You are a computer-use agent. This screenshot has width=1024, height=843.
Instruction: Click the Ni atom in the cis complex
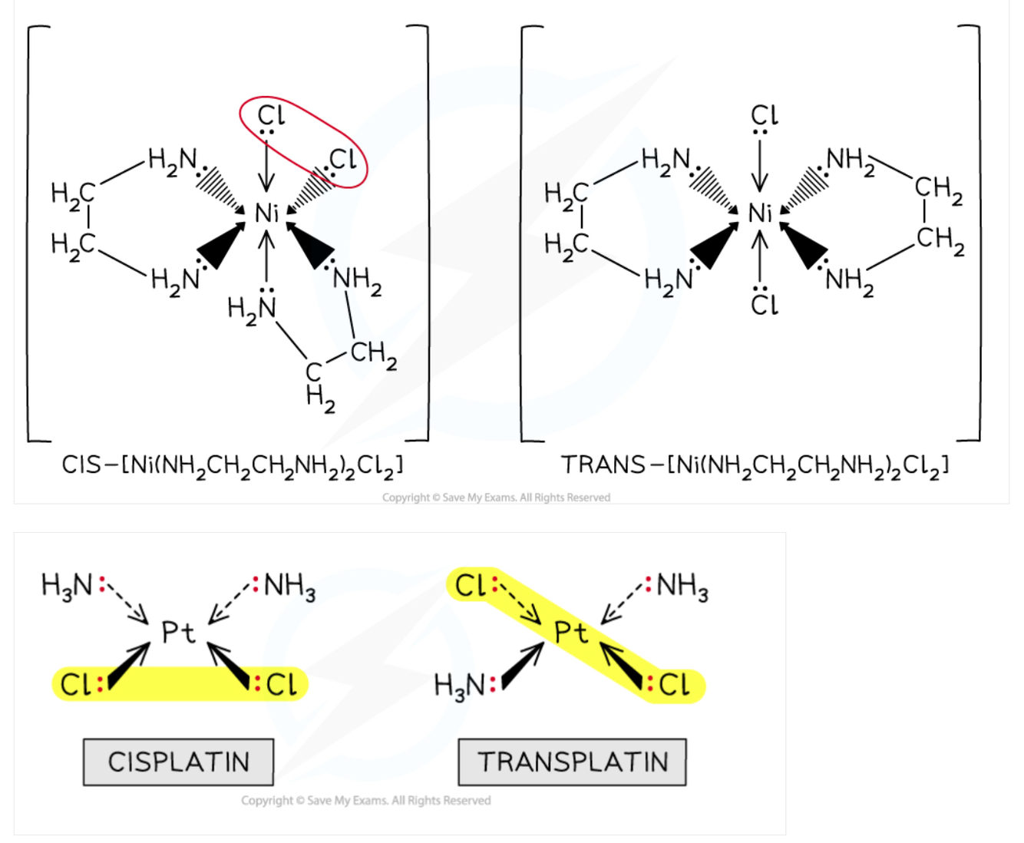[266, 213]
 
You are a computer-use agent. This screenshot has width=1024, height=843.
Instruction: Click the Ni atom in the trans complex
[760, 213]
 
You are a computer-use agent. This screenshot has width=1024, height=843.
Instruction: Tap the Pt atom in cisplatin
[178, 633]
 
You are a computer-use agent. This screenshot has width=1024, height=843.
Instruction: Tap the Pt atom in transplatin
[571, 633]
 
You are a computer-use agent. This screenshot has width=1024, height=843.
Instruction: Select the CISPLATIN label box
[178, 762]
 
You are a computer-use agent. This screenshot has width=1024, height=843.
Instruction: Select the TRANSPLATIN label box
[572, 762]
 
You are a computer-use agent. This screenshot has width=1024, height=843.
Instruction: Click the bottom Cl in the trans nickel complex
[764, 305]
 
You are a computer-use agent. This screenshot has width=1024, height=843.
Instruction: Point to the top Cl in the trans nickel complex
[764, 115]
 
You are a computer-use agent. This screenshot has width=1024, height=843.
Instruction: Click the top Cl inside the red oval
[270, 115]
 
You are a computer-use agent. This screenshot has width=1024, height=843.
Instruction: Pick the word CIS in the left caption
[81, 465]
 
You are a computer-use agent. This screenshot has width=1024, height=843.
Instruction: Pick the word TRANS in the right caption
[603, 465]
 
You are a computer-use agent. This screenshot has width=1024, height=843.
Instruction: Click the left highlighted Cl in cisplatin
[75, 684]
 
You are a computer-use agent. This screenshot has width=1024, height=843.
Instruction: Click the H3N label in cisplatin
[67, 586]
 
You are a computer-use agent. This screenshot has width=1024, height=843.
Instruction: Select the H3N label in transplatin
[459, 684]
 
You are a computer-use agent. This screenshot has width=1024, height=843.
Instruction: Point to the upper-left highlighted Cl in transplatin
[470, 586]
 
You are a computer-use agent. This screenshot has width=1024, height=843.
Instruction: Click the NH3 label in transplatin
[682, 586]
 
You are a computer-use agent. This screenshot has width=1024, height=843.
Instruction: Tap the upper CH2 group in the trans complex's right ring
[937, 189]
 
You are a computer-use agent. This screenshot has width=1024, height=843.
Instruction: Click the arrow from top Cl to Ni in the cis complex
[266, 165]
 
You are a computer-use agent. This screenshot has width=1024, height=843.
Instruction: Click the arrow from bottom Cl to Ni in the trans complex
[760, 257]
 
